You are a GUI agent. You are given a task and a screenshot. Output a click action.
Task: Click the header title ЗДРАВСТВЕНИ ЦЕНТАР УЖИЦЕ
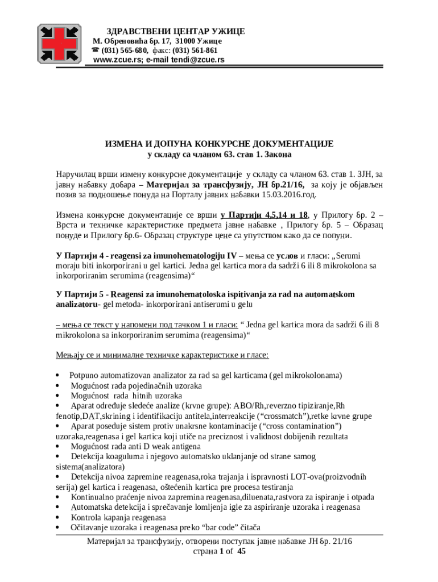(176, 31)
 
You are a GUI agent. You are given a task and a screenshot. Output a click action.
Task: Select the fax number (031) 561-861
(195, 50)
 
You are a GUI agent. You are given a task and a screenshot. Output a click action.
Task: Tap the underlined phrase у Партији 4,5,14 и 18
(265, 215)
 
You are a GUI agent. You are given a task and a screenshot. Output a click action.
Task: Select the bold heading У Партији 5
(80, 294)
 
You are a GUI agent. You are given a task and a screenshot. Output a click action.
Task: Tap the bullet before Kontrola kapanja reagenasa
(59, 518)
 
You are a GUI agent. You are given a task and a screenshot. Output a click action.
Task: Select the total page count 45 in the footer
(241, 551)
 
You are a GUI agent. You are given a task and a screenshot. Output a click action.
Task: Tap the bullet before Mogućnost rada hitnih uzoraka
(59, 396)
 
